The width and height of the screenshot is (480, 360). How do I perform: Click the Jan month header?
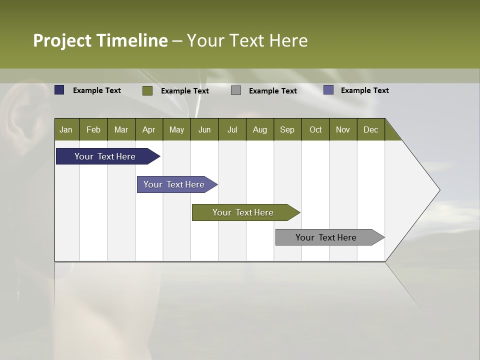tap(66, 129)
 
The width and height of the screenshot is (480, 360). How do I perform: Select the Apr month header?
tap(149, 129)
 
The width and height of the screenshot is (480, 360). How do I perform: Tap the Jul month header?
tap(232, 129)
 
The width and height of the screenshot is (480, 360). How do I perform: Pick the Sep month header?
tap(287, 129)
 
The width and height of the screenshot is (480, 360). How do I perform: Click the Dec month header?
tap(371, 129)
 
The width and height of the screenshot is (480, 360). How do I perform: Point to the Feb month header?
tap(93, 129)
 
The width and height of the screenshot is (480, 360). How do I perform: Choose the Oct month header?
tap(315, 129)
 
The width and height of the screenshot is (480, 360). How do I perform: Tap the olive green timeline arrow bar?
tap(243, 212)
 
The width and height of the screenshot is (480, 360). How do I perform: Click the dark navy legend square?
tap(59, 90)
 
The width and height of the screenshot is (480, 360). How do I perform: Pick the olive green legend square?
tap(147, 90)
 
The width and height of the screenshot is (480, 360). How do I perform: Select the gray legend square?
tap(236, 90)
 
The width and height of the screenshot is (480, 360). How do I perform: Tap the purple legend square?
tap(328, 90)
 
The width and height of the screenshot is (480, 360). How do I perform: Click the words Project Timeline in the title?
tap(100, 40)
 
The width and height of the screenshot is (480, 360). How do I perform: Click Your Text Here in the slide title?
tap(247, 40)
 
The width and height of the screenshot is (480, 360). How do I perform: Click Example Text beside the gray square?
tap(273, 91)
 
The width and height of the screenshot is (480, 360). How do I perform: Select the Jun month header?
tap(204, 129)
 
